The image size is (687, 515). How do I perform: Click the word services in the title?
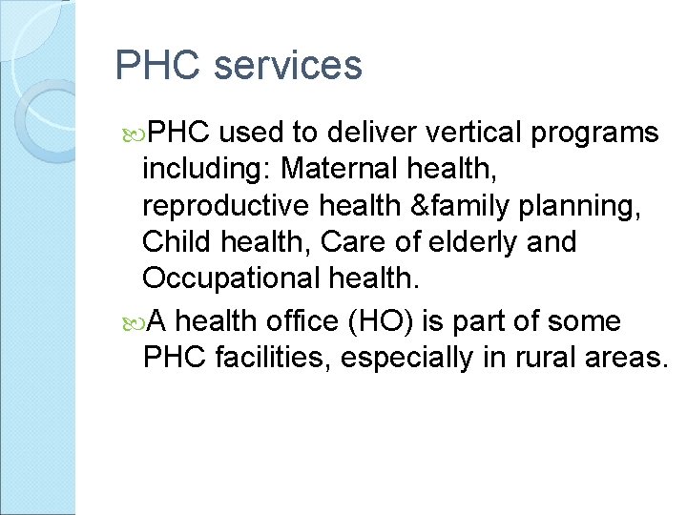tap(288, 66)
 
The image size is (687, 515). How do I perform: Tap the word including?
tap(206, 170)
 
